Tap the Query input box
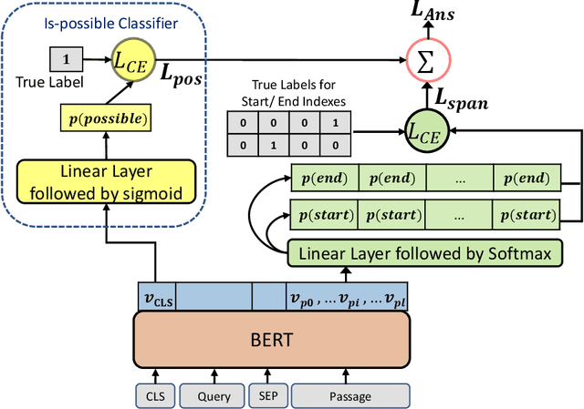(x=207, y=395)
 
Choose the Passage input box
(x=350, y=395)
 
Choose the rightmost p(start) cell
(x=525, y=215)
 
